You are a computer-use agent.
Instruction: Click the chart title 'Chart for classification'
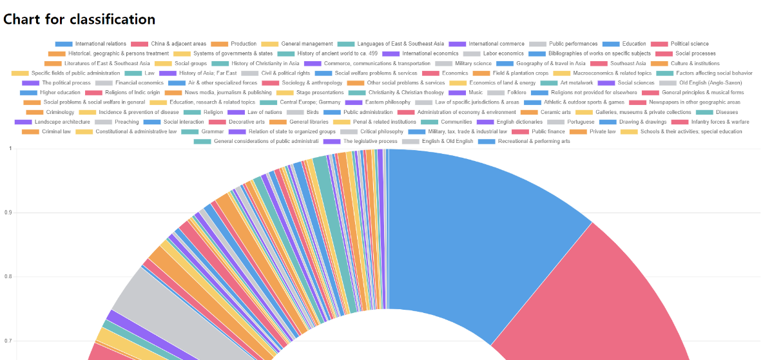tap(79, 19)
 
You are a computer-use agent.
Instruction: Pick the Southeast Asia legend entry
tap(628, 64)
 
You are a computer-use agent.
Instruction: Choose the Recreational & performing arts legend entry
tap(534, 141)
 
